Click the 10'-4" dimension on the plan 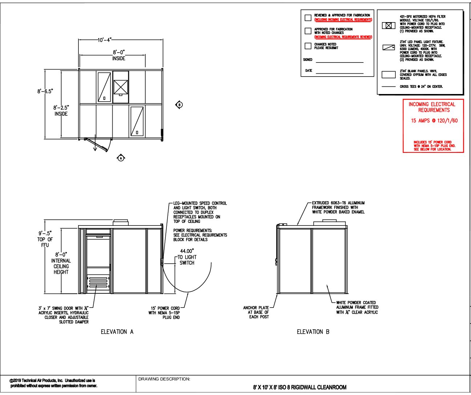pos(105,40)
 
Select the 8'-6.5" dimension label pos(45,91)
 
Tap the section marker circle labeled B pos(179,105)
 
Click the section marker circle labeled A pos(121,158)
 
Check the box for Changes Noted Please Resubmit pos(308,46)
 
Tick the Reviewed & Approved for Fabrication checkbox pos(308,17)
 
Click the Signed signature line pos(339,62)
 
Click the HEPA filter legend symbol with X pos(389,26)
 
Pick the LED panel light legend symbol pos(389,48)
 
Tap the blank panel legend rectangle pos(389,75)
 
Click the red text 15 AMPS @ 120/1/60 pos(434,121)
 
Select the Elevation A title pos(117,332)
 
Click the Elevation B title pos(313,332)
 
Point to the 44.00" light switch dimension pos(187,251)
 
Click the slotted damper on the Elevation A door pos(98,282)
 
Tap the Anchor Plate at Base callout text pos(256,312)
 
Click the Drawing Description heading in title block pos(164,379)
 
